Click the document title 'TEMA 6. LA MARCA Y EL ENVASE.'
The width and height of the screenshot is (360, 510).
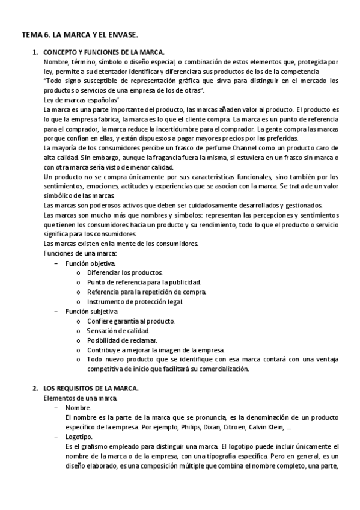(x=79, y=37)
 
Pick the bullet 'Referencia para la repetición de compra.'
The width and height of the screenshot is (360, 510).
(x=146, y=292)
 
